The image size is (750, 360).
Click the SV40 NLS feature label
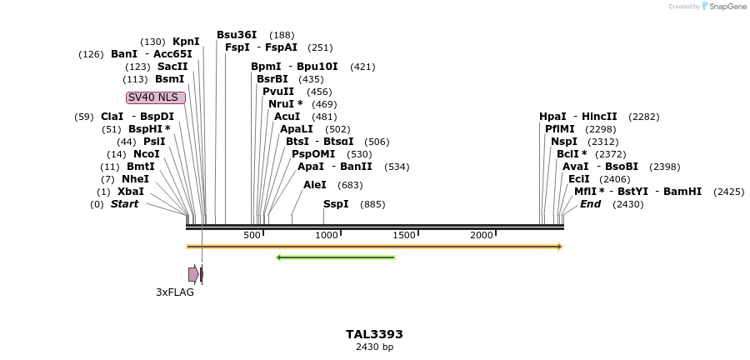[155, 97]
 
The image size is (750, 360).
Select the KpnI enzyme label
[186, 42]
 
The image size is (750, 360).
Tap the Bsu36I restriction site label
[237, 35]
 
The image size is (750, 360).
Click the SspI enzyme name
[336, 204]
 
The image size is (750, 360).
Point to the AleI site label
[315, 185]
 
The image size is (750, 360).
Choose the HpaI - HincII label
[578, 117]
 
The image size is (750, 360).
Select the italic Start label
[124, 204]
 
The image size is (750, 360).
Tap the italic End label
[590, 204]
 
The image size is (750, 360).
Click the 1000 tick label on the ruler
[327, 236]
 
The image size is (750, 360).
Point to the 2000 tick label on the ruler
[482, 236]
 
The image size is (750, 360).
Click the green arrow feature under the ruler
[335, 257]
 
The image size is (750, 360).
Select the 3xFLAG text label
[175, 292]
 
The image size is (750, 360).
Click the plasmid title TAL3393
[374, 334]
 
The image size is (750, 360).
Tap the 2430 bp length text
[374, 347]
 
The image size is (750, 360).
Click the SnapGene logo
[723, 7]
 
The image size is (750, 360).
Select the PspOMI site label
[313, 154]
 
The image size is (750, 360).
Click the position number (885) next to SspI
[372, 204]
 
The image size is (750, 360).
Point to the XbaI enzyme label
[131, 192]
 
